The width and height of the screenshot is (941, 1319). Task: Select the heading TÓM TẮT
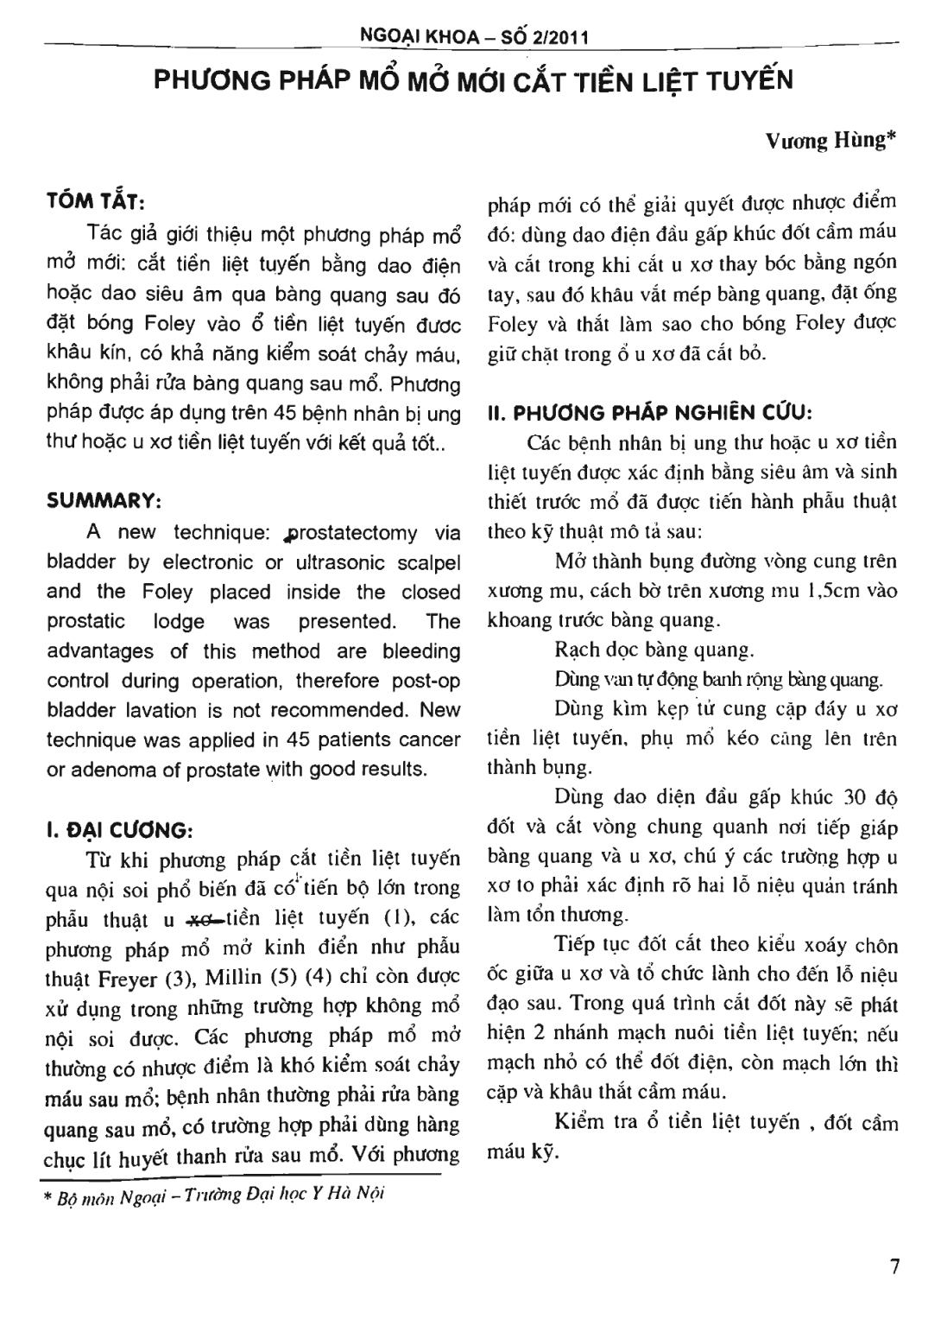(x=100, y=201)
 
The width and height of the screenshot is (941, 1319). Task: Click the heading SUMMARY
(x=104, y=501)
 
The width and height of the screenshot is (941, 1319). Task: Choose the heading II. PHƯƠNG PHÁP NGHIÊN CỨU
(x=651, y=412)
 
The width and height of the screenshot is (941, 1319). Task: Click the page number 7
(x=894, y=1266)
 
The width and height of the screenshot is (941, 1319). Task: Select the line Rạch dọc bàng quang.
(x=654, y=650)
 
